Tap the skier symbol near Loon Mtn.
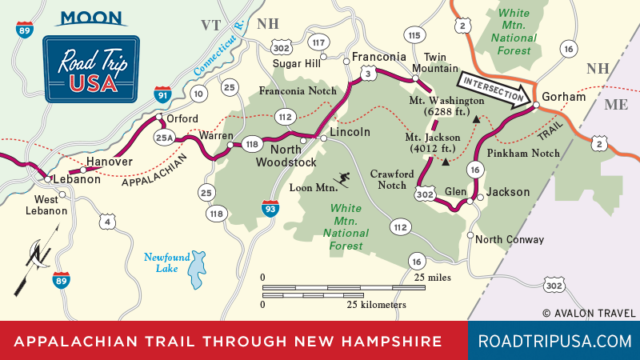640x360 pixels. [342, 180]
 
